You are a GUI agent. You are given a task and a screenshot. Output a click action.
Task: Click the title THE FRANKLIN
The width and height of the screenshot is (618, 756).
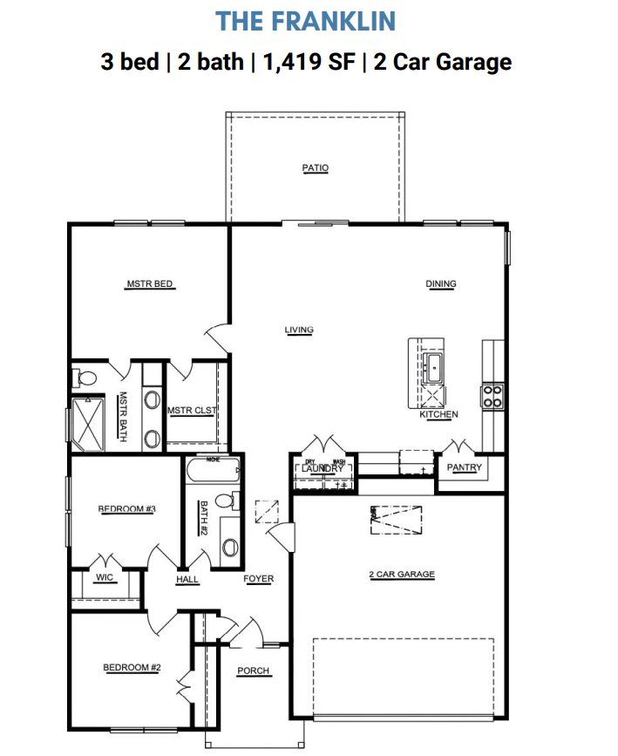click(x=306, y=20)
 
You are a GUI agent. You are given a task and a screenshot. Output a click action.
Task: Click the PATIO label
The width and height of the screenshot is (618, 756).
click(x=316, y=167)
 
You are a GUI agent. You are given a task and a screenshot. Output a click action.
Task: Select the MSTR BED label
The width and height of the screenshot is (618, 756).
click(x=150, y=284)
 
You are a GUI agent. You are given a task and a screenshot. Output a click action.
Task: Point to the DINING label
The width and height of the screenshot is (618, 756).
click(x=440, y=283)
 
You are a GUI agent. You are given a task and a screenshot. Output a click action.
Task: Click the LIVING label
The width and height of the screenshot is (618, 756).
click(x=298, y=330)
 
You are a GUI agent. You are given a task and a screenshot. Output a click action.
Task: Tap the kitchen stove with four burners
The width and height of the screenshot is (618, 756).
click(x=492, y=397)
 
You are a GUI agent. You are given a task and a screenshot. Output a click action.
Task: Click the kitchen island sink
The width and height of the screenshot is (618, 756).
click(x=433, y=369)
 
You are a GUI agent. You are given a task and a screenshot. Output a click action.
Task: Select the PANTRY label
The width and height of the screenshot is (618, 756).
click(x=464, y=468)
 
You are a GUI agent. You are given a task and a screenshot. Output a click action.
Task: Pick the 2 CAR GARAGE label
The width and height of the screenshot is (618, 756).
click(x=401, y=575)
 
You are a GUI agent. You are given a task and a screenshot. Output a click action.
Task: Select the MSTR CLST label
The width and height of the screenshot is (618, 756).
click(x=193, y=411)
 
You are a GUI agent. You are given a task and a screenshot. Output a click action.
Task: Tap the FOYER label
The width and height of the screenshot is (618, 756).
click(x=258, y=579)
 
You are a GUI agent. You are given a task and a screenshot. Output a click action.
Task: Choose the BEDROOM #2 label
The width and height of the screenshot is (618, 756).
click(x=132, y=668)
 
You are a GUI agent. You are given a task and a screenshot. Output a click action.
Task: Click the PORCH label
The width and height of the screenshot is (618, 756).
click(x=254, y=671)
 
